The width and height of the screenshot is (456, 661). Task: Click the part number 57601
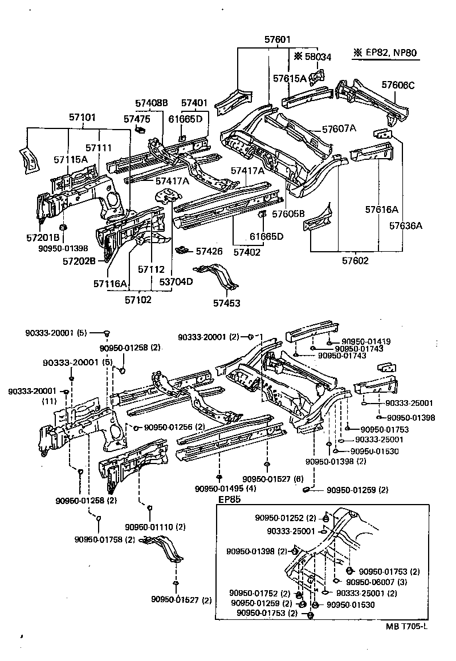[277, 40]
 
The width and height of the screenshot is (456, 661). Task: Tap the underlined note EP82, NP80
[386, 54]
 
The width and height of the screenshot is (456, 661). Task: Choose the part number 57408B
[152, 103]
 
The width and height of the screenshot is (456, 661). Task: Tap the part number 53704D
[176, 282]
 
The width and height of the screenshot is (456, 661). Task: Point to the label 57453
[227, 303]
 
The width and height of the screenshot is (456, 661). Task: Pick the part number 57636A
[406, 225]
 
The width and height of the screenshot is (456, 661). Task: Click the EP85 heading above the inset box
[230, 499]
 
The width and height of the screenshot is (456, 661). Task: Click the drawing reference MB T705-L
[406, 626]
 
